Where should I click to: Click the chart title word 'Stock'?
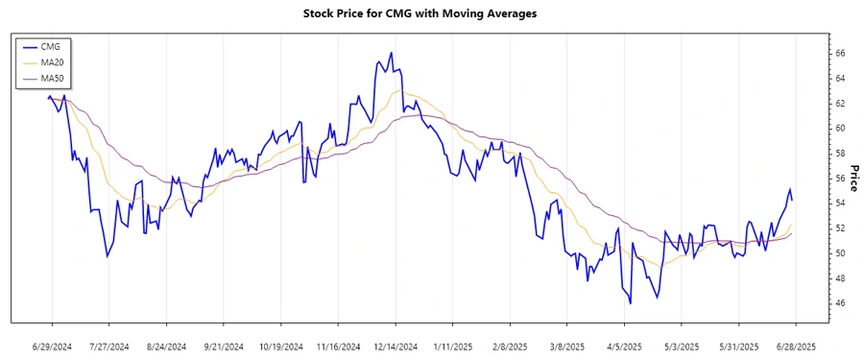click(x=322, y=13)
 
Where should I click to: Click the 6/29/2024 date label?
click(x=52, y=346)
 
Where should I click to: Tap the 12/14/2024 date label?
click(x=396, y=346)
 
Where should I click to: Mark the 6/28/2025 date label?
click(x=796, y=346)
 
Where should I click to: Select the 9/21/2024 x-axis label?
click(x=224, y=346)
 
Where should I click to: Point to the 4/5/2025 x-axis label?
click(x=624, y=346)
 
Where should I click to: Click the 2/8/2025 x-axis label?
click(x=510, y=346)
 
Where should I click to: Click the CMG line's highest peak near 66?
click(x=391, y=53)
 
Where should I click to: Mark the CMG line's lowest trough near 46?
click(x=631, y=303)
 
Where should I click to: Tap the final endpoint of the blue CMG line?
click(x=792, y=200)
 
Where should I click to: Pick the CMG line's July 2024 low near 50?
click(x=108, y=256)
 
